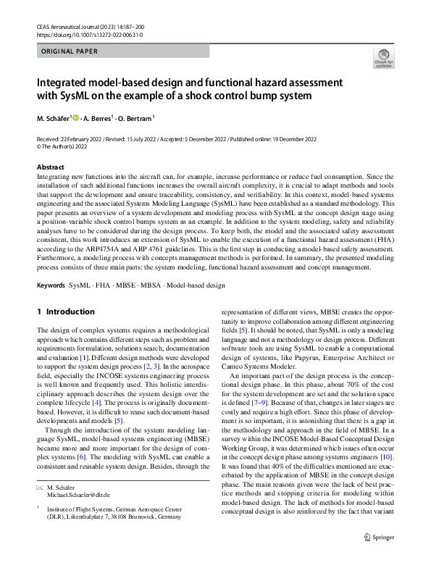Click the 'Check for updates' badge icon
pyautogui.click(x=382, y=58)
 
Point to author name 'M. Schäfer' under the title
pyautogui.click(x=53, y=118)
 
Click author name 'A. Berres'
pyautogui.click(x=96, y=118)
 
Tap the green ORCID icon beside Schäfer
pyautogui.click(x=74, y=117)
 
